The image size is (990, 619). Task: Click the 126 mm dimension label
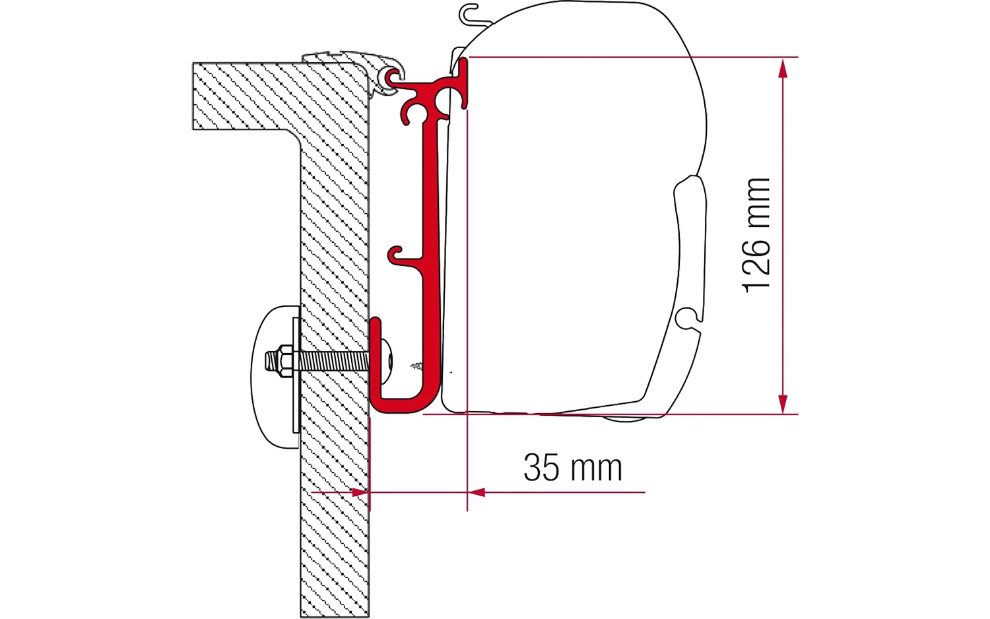(x=756, y=236)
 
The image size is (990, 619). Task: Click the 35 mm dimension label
(x=573, y=467)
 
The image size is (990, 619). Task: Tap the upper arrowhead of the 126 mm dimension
(x=783, y=69)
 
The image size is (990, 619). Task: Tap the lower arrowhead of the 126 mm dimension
(x=783, y=404)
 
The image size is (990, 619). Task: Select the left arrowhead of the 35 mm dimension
(x=360, y=492)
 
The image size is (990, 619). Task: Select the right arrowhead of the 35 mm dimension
(x=476, y=492)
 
